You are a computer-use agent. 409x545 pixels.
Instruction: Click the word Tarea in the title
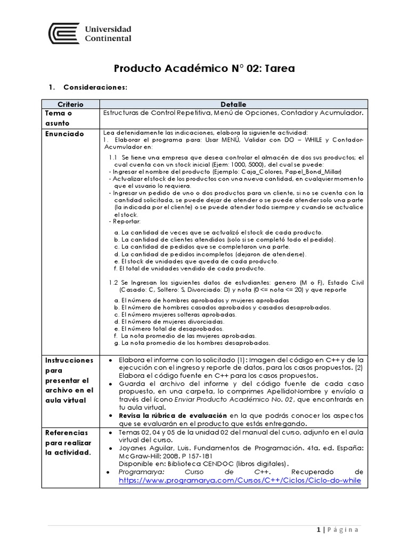[276, 69]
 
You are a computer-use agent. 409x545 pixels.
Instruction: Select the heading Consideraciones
[95, 87]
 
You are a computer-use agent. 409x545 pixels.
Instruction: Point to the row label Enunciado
[64, 134]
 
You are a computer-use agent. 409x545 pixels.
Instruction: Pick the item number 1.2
[113, 283]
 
